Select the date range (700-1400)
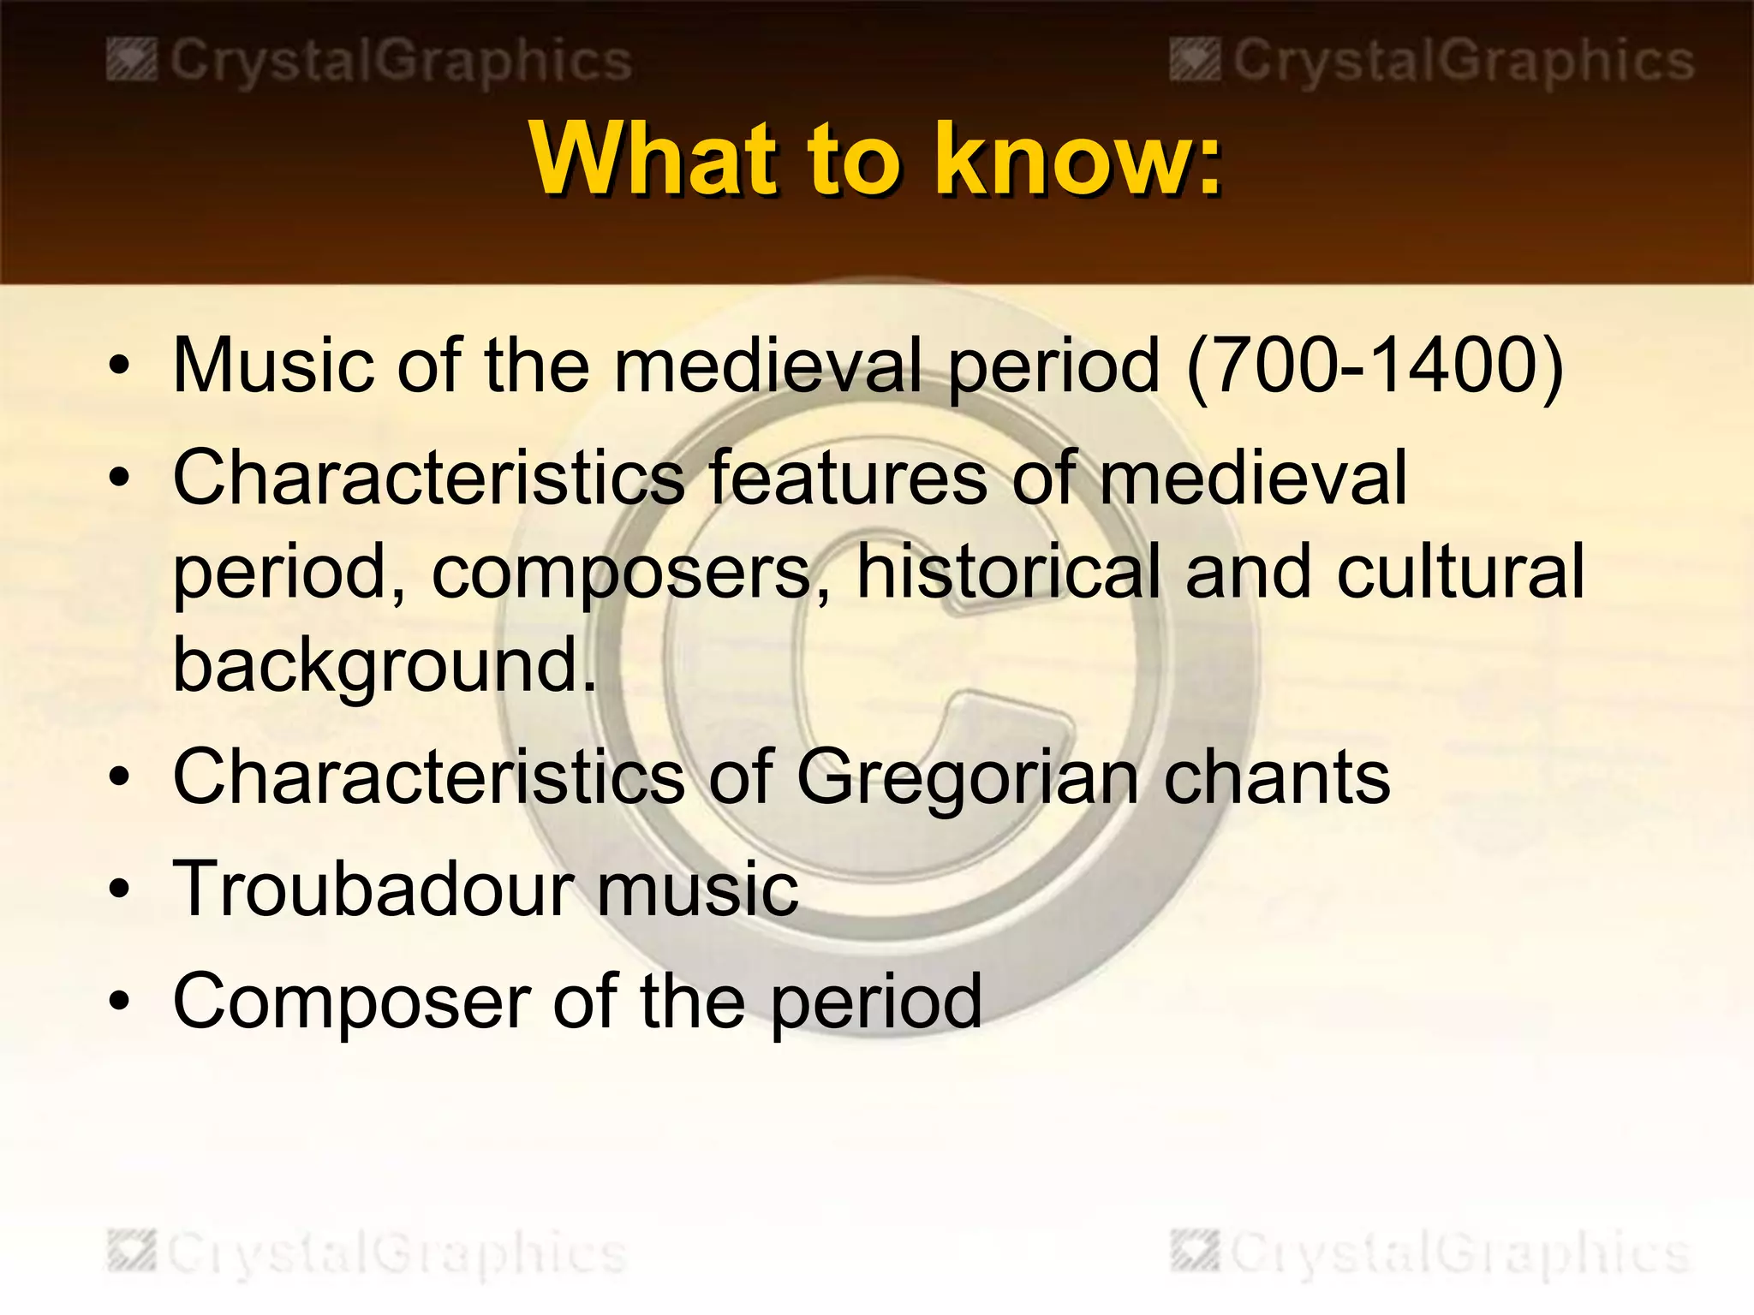point(1375,366)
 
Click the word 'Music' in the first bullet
point(273,366)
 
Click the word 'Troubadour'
point(373,890)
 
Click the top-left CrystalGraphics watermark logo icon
point(131,62)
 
